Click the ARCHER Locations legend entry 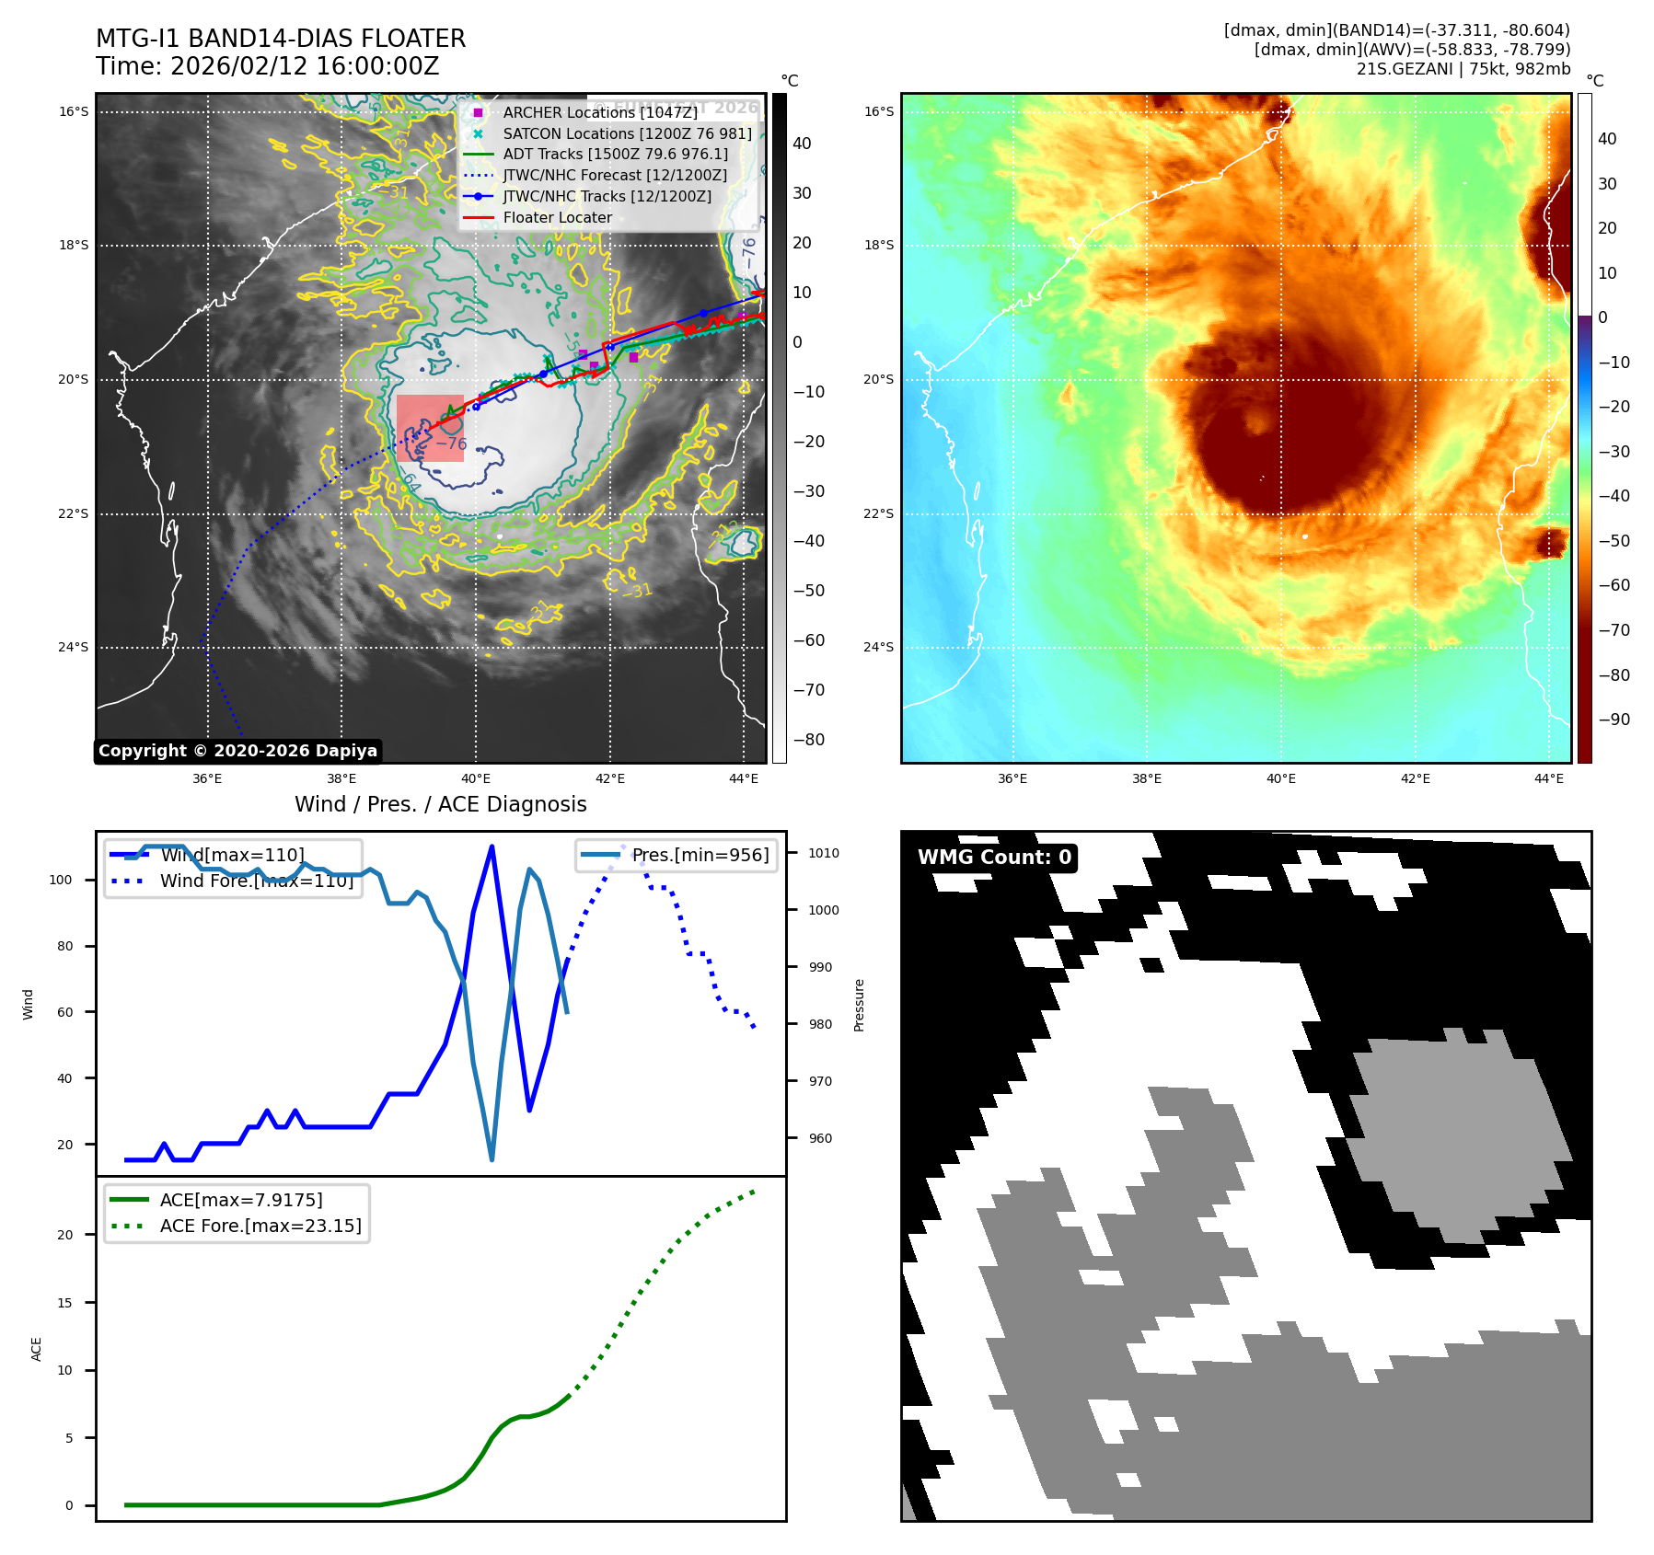tap(599, 112)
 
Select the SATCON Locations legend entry tap(626, 133)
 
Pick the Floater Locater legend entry tap(557, 217)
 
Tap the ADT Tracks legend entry tap(615, 155)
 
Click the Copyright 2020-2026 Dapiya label tap(237, 751)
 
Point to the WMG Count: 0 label tap(994, 858)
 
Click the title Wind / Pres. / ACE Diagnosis tap(440, 804)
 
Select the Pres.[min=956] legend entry tap(700, 855)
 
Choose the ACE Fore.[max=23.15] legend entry tap(260, 1226)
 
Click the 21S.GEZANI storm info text tap(1463, 69)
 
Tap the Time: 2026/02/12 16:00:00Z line tap(267, 67)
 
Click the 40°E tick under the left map tap(476, 778)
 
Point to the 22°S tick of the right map tap(878, 513)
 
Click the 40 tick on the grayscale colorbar tap(802, 144)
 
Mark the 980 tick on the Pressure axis tap(819, 1024)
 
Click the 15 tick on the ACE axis tap(65, 1303)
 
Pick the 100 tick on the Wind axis tap(61, 880)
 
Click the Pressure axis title tap(859, 1005)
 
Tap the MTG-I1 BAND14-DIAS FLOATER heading tap(281, 39)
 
